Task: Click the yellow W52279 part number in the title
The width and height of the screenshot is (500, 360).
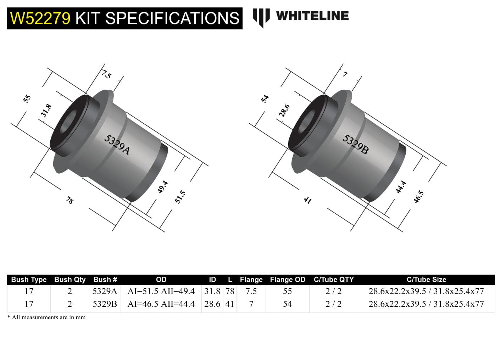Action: click(40, 18)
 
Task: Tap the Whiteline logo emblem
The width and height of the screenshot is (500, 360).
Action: click(261, 17)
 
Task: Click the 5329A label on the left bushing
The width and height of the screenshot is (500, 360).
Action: click(117, 145)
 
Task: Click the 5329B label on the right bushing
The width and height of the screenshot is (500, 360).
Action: click(355, 145)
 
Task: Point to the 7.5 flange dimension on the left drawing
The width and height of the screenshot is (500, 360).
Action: click(107, 75)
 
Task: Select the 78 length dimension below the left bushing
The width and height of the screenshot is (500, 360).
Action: click(70, 200)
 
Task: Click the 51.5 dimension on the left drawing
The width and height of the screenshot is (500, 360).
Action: click(180, 197)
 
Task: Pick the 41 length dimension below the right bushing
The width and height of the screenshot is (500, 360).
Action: click(307, 200)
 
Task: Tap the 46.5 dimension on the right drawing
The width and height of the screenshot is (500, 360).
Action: click(418, 197)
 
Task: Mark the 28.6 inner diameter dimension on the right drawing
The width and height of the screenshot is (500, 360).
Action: click(284, 111)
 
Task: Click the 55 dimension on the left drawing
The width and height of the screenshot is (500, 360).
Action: click(27, 99)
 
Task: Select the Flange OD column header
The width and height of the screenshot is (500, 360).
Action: click(287, 280)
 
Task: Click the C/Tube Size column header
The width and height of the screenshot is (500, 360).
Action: click(426, 280)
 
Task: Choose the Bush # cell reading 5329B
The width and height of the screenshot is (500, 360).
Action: click(105, 304)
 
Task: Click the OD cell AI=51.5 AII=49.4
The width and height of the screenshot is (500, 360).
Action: click(161, 291)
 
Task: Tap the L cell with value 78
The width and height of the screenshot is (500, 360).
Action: click(230, 291)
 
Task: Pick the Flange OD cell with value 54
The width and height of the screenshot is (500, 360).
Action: click(287, 304)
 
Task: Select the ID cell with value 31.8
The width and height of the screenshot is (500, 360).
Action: click(212, 291)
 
